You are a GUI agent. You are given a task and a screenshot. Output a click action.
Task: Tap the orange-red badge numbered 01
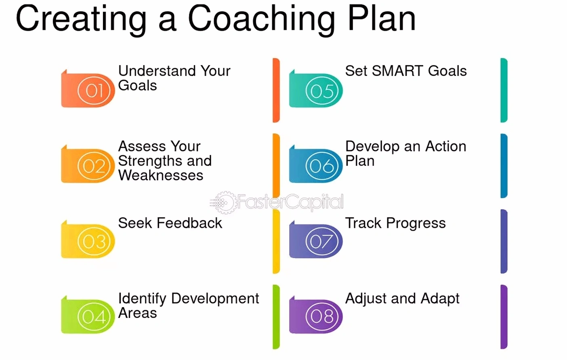click(x=88, y=88)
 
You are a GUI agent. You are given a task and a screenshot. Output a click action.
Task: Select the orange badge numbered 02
click(x=88, y=164)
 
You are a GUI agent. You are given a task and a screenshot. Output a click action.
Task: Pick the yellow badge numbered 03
click(x=88, y=239)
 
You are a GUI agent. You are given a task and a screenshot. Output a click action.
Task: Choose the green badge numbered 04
click(x=88, y=314)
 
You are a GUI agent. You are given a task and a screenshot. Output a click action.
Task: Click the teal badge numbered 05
click(x=316, y=88)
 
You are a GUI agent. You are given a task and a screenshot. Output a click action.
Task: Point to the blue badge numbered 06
click(x=316, y=164)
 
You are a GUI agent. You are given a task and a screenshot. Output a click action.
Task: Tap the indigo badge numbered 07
click(x=316, y=239)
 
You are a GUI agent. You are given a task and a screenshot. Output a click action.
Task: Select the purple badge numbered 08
click(x=316, y=314)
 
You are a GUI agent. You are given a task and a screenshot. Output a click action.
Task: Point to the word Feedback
click(x=189, y=223)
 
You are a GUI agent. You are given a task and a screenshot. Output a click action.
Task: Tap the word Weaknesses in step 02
click(x=161, y=175)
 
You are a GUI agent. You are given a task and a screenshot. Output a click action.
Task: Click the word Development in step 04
click(x=215, y=299)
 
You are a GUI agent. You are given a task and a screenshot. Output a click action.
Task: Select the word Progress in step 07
click(x=416, y=224)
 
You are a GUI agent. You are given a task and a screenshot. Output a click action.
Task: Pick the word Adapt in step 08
click(x=440, y=299)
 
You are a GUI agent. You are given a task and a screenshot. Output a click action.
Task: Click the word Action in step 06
click(x=446, y=146)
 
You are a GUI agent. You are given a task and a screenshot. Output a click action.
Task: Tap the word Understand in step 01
click(x=157, y=71)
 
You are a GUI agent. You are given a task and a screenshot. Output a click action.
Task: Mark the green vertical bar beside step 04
click(x=276, y=317)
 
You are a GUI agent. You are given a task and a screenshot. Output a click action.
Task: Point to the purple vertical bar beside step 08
click(x=504, y=317)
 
